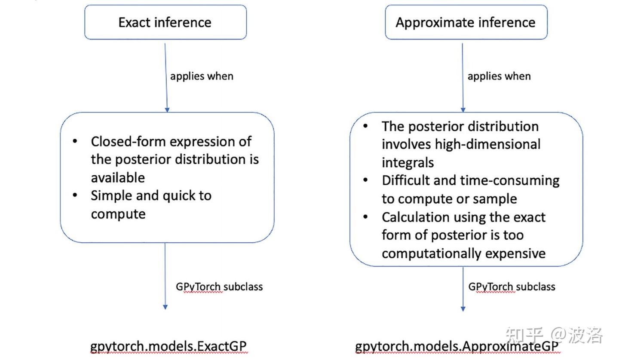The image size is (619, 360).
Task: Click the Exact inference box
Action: point(165,22)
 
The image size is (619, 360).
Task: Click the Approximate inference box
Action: point(466,22)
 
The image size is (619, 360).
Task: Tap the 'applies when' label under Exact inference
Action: point(202,76)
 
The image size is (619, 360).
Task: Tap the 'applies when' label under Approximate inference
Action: point(499,76)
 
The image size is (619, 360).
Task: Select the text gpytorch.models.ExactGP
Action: point(169,347)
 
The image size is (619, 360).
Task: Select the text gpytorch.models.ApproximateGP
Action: point(457,347)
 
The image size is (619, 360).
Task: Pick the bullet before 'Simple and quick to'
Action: point(75,195)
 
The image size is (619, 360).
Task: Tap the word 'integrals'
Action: point(408,162)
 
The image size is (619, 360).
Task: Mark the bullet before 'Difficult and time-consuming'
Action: point(366,180)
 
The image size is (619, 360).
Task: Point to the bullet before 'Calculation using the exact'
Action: point(366,217)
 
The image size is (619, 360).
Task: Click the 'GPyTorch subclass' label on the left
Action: point(219,287)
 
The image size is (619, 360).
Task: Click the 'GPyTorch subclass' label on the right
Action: point(512,287)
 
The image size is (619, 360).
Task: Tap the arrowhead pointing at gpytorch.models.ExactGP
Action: point(165,307)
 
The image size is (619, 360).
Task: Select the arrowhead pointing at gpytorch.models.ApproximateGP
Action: point(463,308)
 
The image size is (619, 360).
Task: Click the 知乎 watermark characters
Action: point(524,335)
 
